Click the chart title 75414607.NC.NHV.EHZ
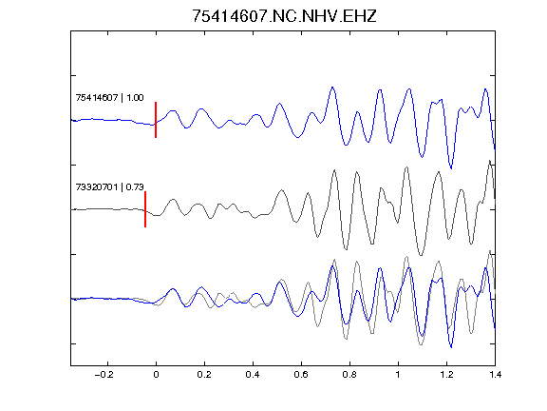(x=284, y=16)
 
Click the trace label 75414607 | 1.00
(x=109, y=97)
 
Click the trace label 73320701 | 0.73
(x=109, y=187)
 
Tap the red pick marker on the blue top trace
(x=156, y=120)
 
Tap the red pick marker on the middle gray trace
(x=145, y=209)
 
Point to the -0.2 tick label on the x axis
(x=104, y=375)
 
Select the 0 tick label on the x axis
(x=156, y=375)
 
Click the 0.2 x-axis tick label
(x=204, y=375)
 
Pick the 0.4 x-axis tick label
(x=253, y=375)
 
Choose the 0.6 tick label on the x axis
(x=301, y=375)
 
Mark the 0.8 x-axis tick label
(x=349, y=375)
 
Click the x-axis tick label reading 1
(x=398, y=375)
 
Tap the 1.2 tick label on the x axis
(x=446, y=375)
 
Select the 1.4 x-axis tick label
(x=495, y=375)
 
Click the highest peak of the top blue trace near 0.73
(x=332, y=87)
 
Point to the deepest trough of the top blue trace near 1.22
(x=451, y=168)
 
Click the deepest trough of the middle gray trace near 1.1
(x=421, y=255)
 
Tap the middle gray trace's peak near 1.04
(x=406, y=167)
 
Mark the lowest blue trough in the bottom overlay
(x=451, y=347)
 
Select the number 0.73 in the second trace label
(x=135, y=187)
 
